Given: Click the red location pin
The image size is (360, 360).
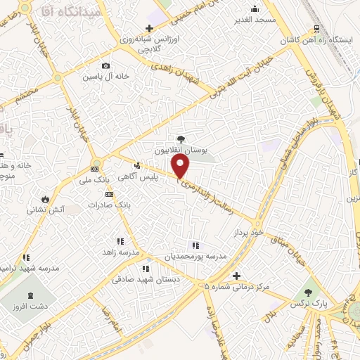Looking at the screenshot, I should click(x=181, y=166).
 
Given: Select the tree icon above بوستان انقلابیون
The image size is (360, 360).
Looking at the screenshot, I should click(x=181, y=139).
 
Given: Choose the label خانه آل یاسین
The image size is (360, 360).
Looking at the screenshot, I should click(x=105, y=75).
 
